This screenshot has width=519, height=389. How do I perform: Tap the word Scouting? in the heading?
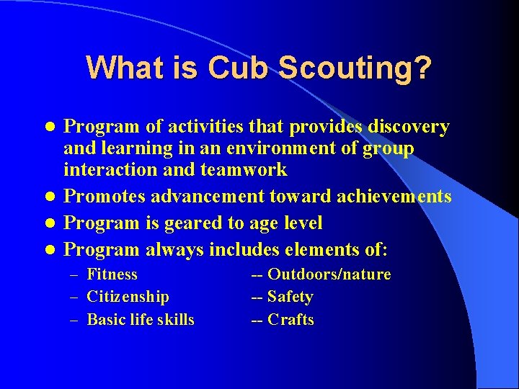click(x=355, y=68)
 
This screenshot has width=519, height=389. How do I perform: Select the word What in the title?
click(x=118, y=68)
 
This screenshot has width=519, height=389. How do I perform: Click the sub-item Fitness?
click(x=112, y=274)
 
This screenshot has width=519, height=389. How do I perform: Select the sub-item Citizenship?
click(x=128, y=297)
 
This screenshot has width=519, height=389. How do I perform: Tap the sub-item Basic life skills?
click(x=140, y=320)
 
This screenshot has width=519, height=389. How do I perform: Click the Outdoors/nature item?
click(x=329, y=274)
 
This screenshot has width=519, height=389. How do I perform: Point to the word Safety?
click(x=290, y=297)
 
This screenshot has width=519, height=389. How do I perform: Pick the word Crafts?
click(x=290, y=320)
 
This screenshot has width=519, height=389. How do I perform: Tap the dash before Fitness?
click(x=74, y=274)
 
